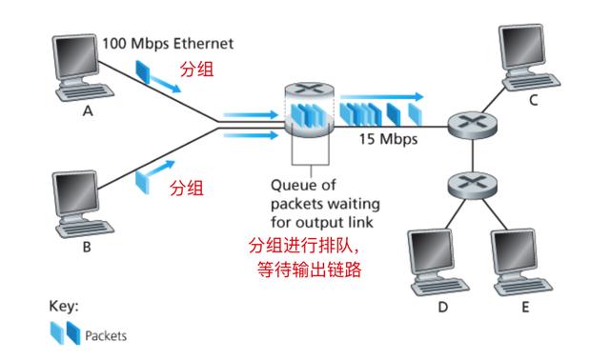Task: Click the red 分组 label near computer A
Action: point(197,70)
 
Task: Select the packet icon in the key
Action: point(65,335)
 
